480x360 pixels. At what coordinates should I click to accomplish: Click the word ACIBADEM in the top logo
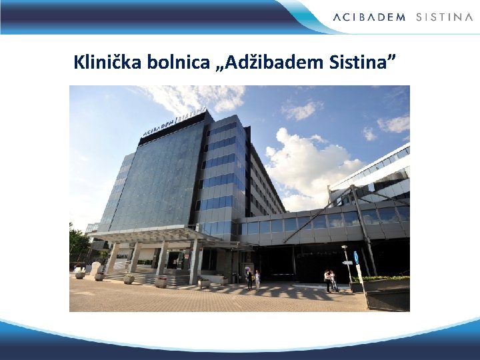369,17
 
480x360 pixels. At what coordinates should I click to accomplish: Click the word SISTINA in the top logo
444,17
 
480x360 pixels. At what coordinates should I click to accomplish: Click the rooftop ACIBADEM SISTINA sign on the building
173,123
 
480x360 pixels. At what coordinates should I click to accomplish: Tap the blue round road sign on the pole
355,256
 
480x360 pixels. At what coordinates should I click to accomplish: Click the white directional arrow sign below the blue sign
347,263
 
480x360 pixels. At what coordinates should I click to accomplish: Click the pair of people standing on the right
330,281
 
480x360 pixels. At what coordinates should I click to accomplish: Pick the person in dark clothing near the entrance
249,279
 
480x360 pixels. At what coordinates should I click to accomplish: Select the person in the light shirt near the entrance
257,279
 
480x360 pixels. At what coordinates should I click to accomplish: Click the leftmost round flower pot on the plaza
80,275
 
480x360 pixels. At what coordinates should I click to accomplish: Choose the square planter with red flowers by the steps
161,281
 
